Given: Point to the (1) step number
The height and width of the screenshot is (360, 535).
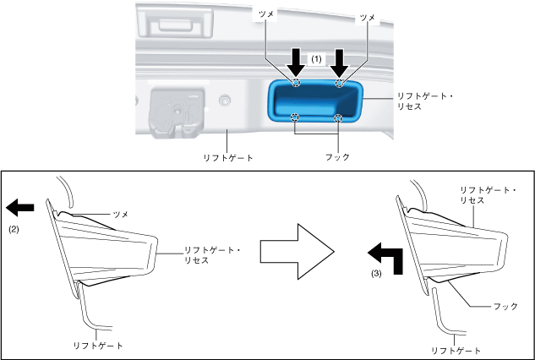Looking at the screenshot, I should coord(317,59).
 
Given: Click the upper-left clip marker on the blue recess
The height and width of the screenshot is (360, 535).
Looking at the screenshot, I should coord(295,83).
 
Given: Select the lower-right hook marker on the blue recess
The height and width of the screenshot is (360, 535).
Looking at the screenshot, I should coord(338,117).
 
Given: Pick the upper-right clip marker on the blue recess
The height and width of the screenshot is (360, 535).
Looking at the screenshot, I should coord(339,83).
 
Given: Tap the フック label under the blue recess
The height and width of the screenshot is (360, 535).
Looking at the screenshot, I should coord(337,157).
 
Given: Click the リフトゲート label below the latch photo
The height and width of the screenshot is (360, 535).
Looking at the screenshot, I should coord(228,157).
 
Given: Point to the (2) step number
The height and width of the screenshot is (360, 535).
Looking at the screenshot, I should coord(14,229).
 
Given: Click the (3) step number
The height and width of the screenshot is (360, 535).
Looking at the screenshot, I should coord(377,274).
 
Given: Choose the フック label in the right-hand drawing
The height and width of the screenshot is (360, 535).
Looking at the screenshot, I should coord(505,306).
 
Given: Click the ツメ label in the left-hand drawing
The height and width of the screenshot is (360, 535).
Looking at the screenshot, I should coord(120,215).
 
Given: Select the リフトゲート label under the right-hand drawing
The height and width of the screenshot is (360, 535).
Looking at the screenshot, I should coord(456,349).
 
